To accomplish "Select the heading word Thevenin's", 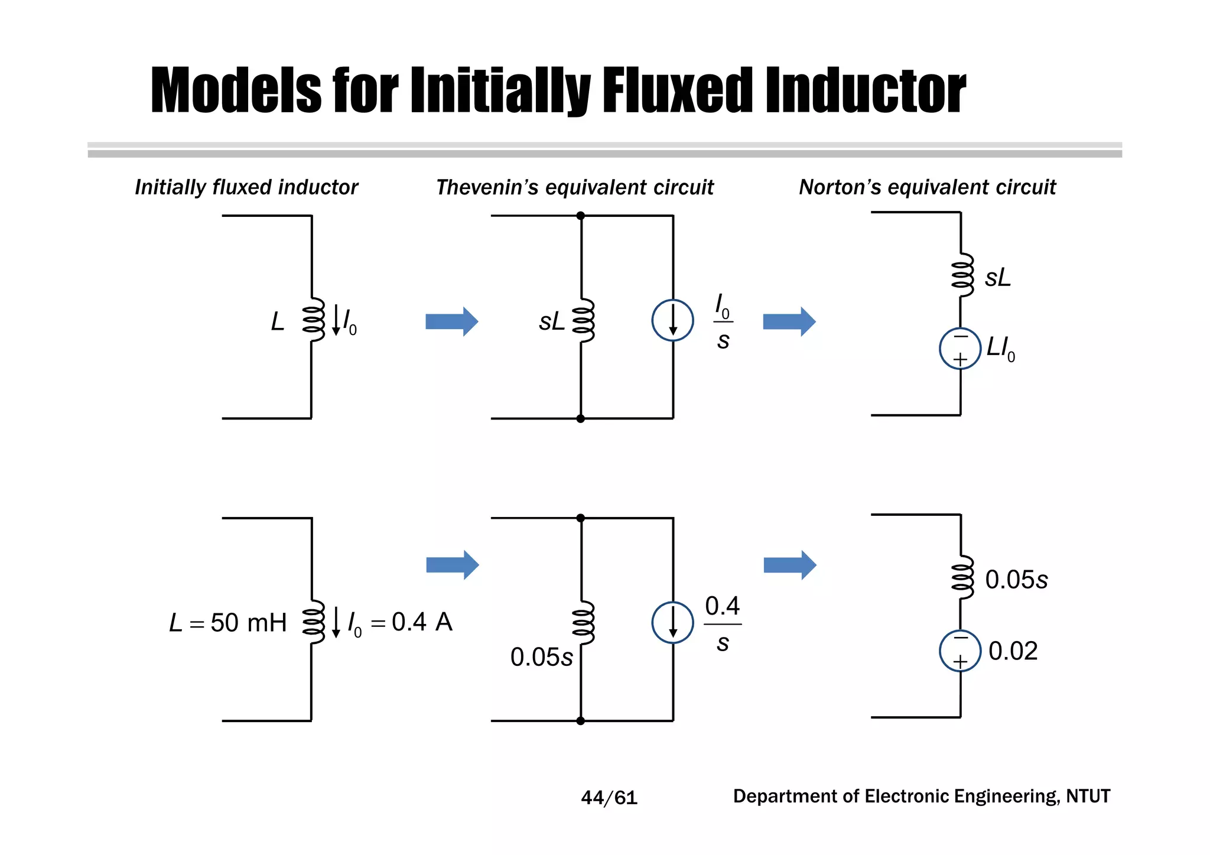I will [487, 187].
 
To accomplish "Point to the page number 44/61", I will [609, 798].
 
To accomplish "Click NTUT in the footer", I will [1088, 796].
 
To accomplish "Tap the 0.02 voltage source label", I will [1013, 651].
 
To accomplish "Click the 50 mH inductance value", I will [248, 623].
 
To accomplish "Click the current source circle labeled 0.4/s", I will [672, 622].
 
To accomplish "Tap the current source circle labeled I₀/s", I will [672, 320].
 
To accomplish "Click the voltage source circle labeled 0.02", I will [960, 651].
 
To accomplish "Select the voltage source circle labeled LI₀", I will [960, 349].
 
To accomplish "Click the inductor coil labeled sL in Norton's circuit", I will [962, 275].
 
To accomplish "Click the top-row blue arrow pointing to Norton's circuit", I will [789, 321].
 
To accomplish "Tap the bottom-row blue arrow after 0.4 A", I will [452, 565].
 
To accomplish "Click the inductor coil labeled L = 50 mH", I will [313, 622].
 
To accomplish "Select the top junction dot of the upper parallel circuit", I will [581, 216].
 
